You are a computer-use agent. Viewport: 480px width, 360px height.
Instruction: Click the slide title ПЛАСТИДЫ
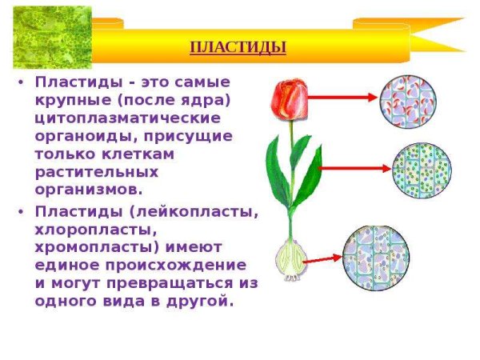[x=238, y=47]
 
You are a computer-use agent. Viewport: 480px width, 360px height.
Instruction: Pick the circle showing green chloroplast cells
[x=419, y=170]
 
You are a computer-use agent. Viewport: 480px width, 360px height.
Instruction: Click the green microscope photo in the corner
[x=46, y=35]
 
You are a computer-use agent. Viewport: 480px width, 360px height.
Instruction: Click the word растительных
[x=97, y=172]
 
